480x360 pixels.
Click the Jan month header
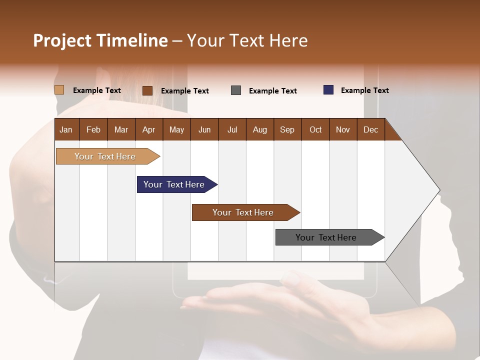point(66,129)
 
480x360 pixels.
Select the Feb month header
point(93,129)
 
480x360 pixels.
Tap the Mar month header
point(121,129)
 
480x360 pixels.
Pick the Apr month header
point(148,129)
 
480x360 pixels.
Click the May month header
point(176,129)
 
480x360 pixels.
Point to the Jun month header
point(204,129)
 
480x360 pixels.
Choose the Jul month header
point(232,129)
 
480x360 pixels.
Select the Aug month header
point(259,129)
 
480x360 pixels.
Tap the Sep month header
point(287,129)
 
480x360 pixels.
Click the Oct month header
point(315,129)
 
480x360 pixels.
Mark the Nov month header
point(343,129)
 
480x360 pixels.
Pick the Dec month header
point(370,129)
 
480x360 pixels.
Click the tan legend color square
point(59,90)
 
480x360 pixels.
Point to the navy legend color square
point(328,90)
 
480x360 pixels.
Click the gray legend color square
point(236,90)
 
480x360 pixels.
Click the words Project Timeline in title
point(100,40)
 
